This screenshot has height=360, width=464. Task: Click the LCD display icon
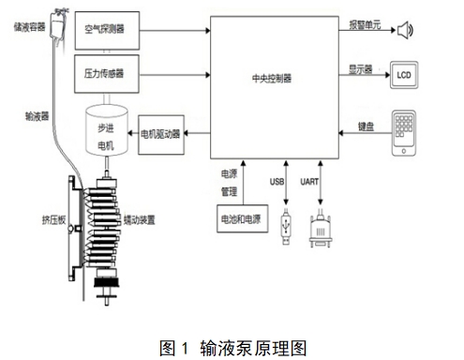[x=404, y=74]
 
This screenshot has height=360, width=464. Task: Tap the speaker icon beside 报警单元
[x=404, y=31]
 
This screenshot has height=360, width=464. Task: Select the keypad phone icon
[x=404, y=132]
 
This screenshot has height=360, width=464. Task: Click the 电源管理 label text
[x=228, y=180]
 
